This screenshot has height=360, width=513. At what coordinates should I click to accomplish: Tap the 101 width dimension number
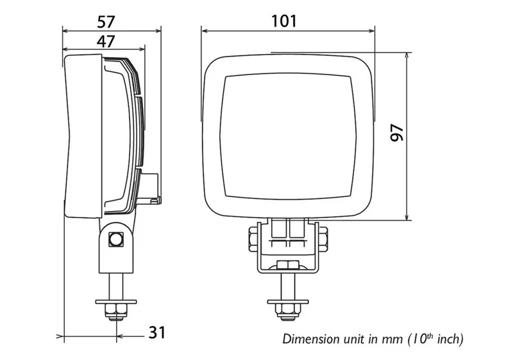pyautogui.click(x=283, y=21)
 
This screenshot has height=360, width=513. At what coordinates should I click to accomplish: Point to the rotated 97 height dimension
pyautogui.click(x=397, y=133)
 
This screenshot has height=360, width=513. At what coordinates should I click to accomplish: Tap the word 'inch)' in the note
pyautogui.click(x=449, y=339)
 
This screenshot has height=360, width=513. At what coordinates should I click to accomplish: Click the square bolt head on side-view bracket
pyautogui.click(x=117, y=239)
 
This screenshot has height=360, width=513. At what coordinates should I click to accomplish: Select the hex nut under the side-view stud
pyautogui.click(x=116, y=312)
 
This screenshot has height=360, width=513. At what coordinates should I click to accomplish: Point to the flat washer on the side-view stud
pyautogui.click(x=116, y=300)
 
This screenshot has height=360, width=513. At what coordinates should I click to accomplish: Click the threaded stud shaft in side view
pyautogui.click(x=116, y=282)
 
